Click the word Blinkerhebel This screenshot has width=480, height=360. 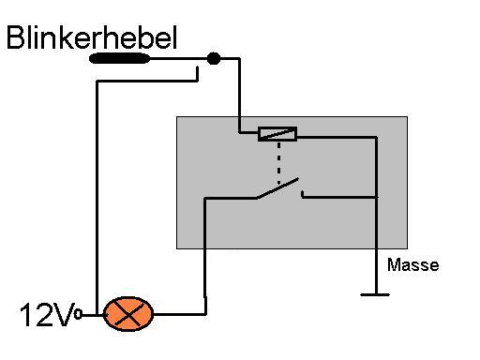click(92, 37)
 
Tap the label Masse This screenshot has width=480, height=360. click(412, 264)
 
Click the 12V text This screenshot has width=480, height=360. click(47, 314)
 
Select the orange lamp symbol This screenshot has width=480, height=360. click(128, 314)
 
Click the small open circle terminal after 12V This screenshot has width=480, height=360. click(78, 314)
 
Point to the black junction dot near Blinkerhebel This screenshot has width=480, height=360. click(214, 58)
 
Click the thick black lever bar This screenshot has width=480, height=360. click(119, 58)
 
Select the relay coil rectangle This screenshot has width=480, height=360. click(277, 134)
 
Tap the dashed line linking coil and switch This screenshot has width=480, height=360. click(278, 163)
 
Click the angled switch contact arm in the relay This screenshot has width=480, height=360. click(277, 188)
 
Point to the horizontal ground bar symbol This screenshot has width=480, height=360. click(375, 294)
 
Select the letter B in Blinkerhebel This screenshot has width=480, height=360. click(15, 37)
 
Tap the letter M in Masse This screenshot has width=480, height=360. click(394, 264)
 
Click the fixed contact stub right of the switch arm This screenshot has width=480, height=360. click(303, 194)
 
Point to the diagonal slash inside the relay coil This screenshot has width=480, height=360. click(277, 134)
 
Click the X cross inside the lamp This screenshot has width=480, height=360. click(128, 314)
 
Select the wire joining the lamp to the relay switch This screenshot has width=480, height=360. click(205, 256)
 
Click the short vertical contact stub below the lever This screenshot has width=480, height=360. click(198, 73)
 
